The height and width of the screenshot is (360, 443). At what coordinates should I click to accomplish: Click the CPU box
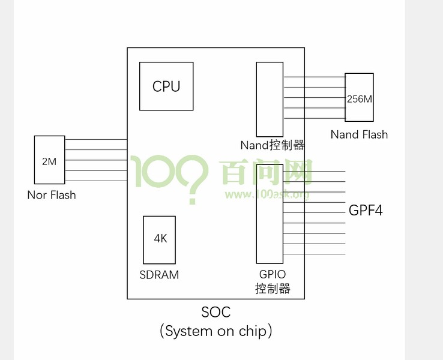(166, 86)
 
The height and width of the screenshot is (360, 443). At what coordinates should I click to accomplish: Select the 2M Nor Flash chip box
(49, 160)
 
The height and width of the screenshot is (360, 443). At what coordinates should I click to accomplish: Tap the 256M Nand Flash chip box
(359, 97)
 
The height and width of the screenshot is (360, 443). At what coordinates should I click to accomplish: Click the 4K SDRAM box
(159, 240)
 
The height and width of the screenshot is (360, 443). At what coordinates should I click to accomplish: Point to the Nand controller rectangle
(270, 100)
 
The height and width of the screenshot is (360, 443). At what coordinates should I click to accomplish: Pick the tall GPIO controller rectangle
(270, 214)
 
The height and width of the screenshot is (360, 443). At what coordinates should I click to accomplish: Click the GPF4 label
(366, 210)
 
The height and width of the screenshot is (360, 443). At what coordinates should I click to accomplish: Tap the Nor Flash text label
(52, 195)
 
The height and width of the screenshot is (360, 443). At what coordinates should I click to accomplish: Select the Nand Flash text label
(359, 134)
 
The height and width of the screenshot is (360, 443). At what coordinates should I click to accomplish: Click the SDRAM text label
(159, 275)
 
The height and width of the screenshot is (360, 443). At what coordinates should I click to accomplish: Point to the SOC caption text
(216, 312)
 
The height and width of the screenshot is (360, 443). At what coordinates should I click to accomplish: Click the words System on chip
(216, 331)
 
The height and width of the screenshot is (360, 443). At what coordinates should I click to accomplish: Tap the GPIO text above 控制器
(273, 274)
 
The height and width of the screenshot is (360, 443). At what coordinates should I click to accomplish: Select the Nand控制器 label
(273, 145)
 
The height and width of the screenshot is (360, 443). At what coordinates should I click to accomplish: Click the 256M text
(360, 99)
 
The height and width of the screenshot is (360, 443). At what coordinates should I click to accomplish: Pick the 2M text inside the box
(49, 161)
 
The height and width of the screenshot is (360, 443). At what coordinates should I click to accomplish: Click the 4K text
(160, 239)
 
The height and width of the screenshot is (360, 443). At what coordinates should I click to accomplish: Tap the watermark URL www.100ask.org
(267, 194)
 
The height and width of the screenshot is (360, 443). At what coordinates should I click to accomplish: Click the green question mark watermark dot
(193, 200)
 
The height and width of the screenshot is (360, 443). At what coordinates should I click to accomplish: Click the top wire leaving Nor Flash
(96, 139)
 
